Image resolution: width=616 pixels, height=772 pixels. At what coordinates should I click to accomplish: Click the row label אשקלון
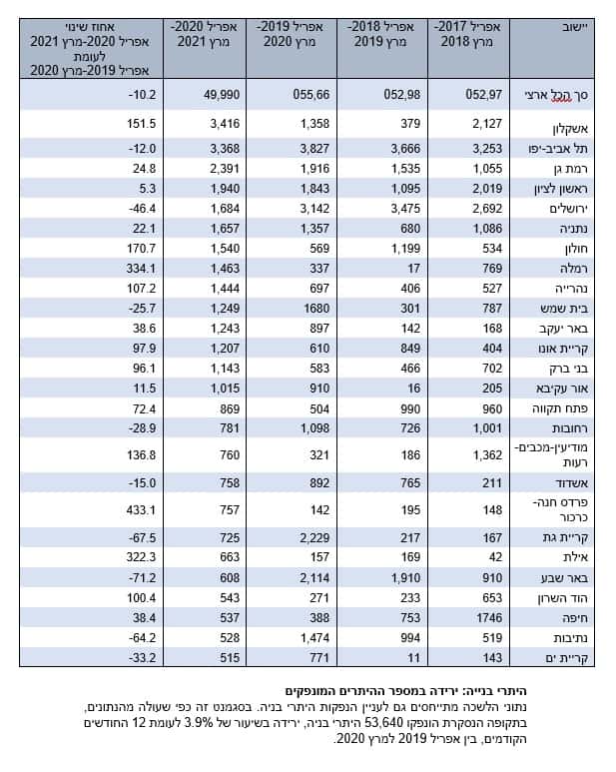570,129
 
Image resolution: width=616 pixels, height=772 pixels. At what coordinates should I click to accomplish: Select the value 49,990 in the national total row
222,95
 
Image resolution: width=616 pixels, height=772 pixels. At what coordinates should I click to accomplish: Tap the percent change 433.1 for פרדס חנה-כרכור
141,510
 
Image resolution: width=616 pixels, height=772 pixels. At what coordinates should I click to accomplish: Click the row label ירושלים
569,209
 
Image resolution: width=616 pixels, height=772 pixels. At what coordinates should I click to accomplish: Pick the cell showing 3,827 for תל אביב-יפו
314,149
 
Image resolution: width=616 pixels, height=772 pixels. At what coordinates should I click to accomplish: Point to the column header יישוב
575,27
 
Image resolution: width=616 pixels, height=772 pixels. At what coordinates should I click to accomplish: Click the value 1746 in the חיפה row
488,618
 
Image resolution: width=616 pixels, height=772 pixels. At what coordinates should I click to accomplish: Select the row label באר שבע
565,578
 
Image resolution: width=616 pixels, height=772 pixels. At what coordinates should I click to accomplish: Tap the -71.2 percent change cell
142,577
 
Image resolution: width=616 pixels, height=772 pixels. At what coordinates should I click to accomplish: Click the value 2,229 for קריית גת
314,537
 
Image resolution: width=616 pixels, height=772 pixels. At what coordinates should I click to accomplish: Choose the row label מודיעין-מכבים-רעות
551,455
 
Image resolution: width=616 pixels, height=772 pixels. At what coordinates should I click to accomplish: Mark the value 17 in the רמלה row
413,269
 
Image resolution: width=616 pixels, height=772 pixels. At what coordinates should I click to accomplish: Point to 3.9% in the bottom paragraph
199,723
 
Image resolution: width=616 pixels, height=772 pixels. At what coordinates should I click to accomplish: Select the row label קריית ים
566,658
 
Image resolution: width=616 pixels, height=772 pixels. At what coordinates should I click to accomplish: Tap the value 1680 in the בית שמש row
316,309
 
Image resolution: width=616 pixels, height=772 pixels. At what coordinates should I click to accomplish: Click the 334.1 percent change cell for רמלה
141,269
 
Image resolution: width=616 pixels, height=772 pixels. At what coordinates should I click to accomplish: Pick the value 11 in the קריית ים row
414,658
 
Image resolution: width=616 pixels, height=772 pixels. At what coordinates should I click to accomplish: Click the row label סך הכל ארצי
556,95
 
